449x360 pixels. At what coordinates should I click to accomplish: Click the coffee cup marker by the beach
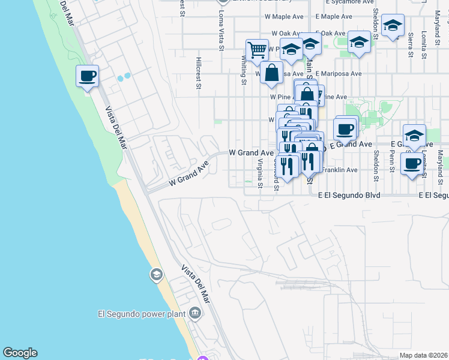88,77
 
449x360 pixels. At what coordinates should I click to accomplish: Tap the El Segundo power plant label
142,313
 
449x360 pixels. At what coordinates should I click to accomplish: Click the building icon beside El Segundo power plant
194,313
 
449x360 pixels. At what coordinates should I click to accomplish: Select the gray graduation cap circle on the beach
156,275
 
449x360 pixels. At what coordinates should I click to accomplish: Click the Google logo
20,353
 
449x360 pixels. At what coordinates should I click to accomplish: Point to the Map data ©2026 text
423,355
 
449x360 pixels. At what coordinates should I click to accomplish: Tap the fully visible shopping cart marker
257,50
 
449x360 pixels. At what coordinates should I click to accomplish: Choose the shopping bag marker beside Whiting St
272,73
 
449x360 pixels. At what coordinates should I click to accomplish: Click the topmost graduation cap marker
393,26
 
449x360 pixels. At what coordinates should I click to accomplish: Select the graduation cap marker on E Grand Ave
414,136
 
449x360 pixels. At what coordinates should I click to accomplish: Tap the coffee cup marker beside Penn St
412,164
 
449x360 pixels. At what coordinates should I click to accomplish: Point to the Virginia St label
261,173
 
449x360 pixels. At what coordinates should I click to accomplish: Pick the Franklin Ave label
339,170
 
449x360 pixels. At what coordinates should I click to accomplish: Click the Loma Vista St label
221,25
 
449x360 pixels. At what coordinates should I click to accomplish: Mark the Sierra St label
411,45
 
